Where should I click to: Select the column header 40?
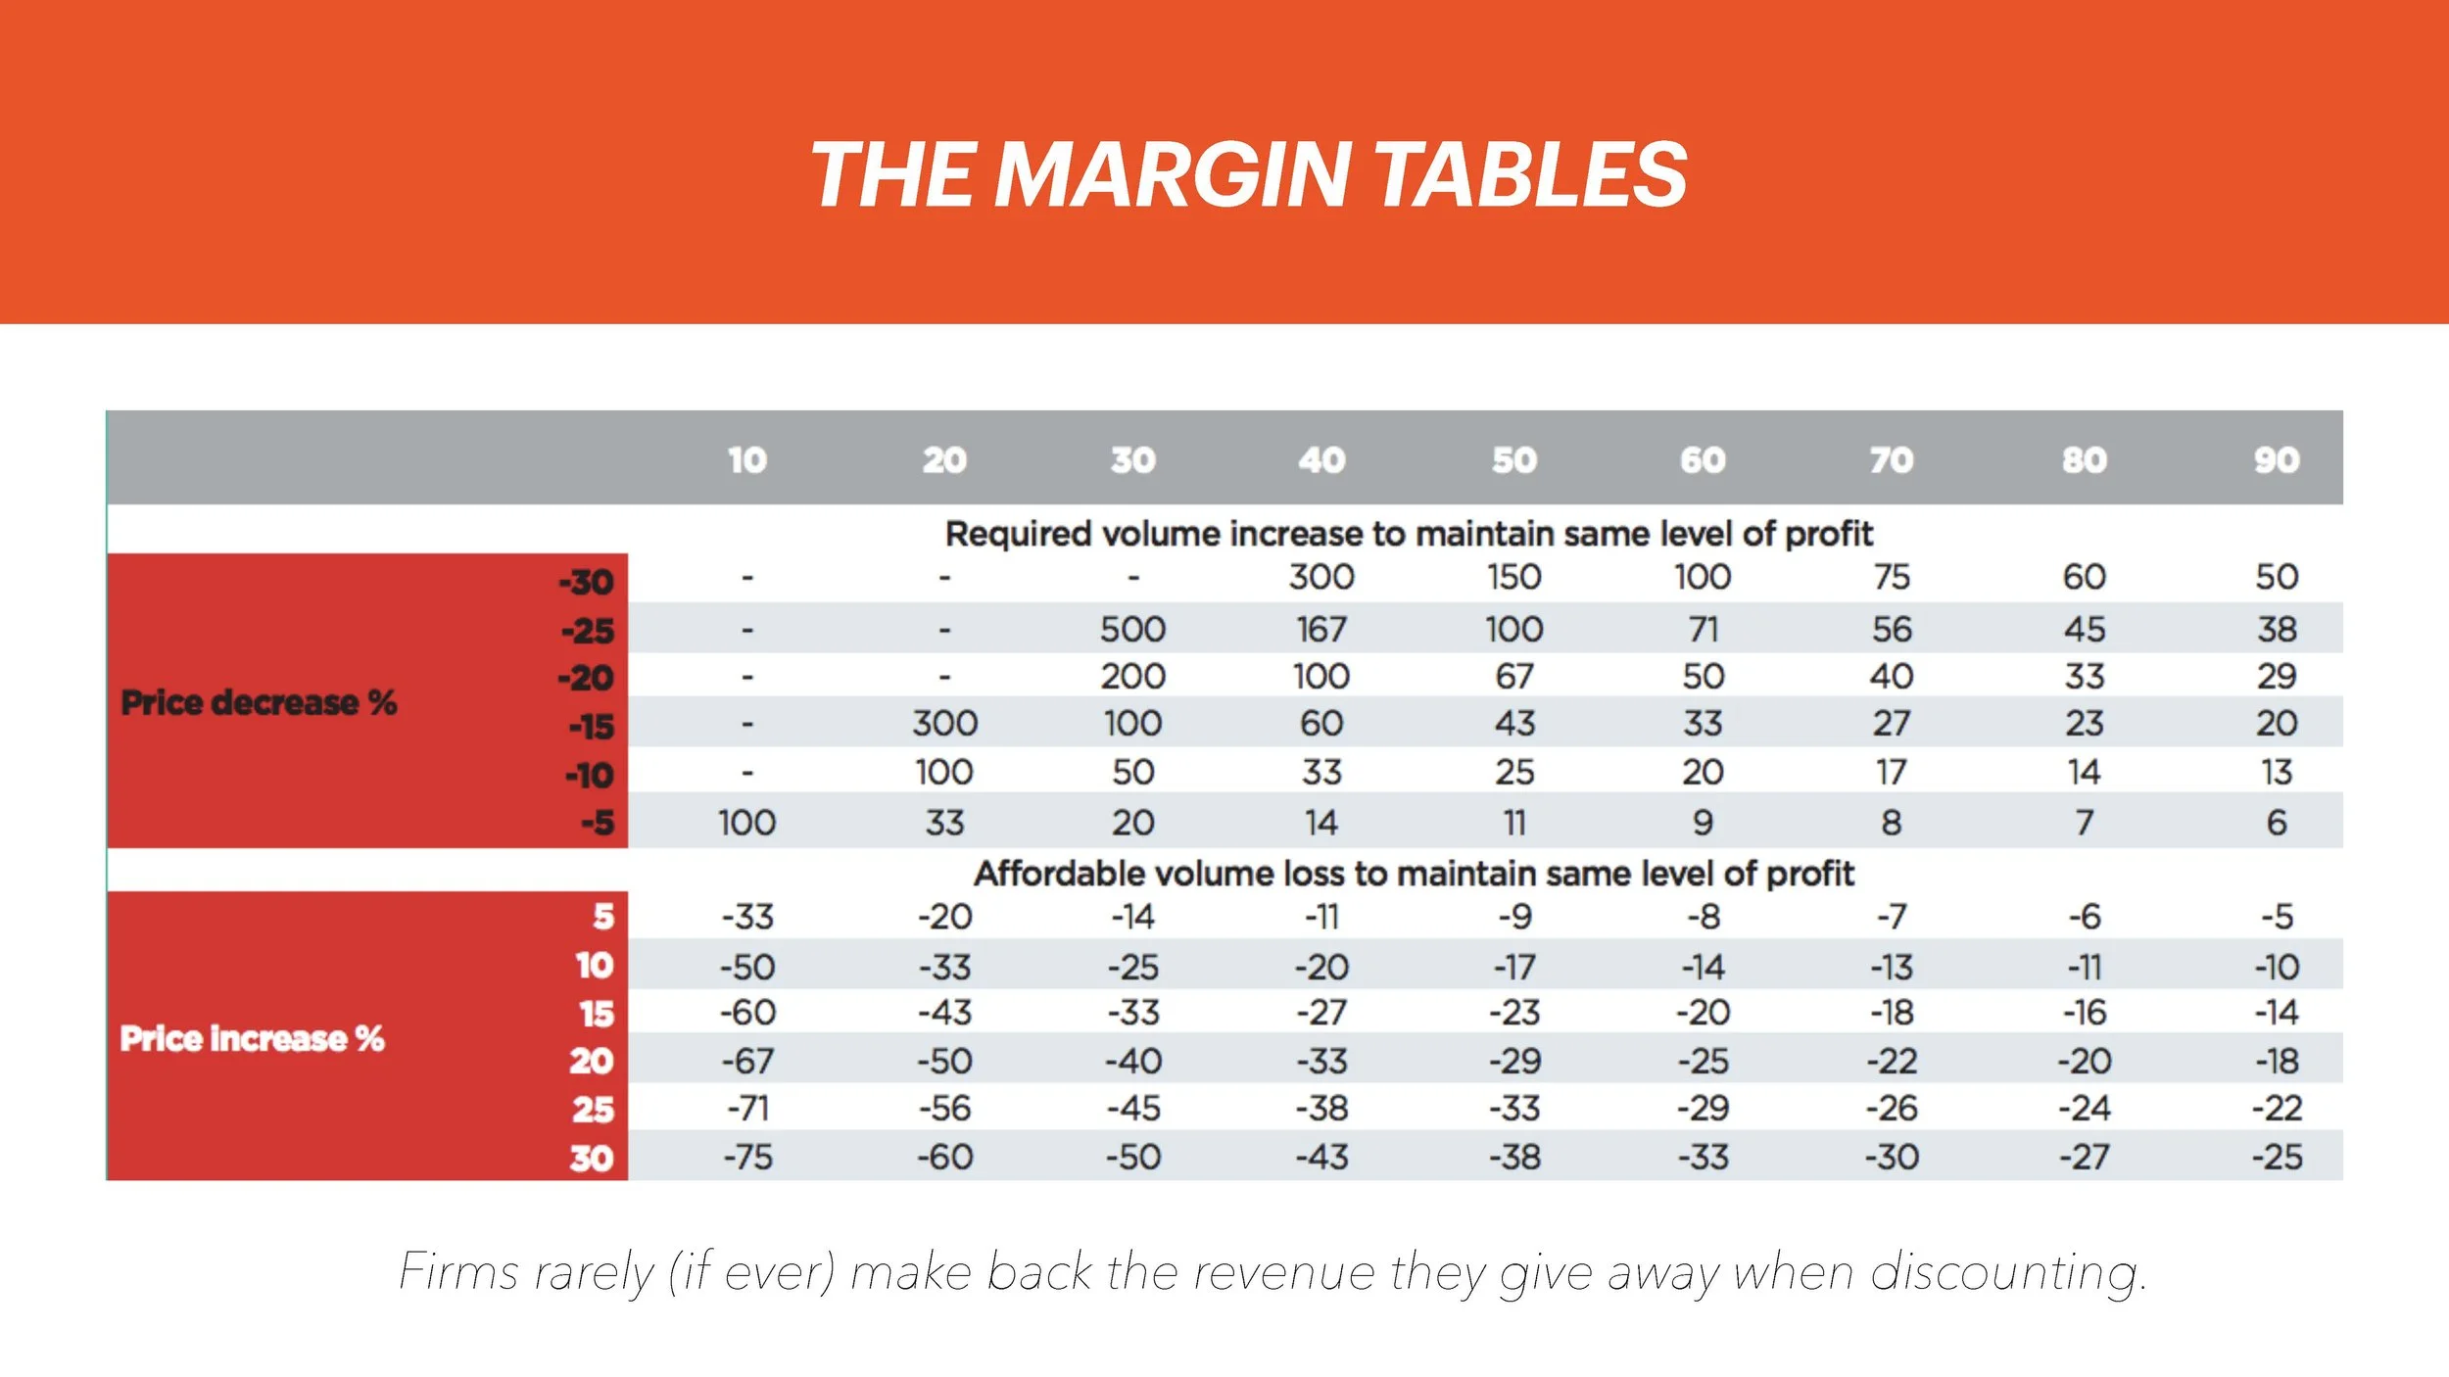1321,460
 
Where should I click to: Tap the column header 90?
2276,460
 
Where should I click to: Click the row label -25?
588,631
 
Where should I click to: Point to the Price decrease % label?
259,702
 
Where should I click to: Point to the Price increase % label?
252,1038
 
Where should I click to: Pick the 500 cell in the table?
1132,629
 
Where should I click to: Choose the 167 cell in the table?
1321,629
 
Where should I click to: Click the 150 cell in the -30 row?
1513,577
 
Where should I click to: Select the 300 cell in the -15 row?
944,724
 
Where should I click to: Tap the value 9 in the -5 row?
1703,823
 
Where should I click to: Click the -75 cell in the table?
748,1158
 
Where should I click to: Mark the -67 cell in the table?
748,1061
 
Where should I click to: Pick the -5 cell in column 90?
2277,917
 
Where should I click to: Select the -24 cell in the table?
2084,1109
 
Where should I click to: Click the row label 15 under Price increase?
596,1014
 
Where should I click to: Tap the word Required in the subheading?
1018,534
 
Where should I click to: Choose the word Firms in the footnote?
457,1273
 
